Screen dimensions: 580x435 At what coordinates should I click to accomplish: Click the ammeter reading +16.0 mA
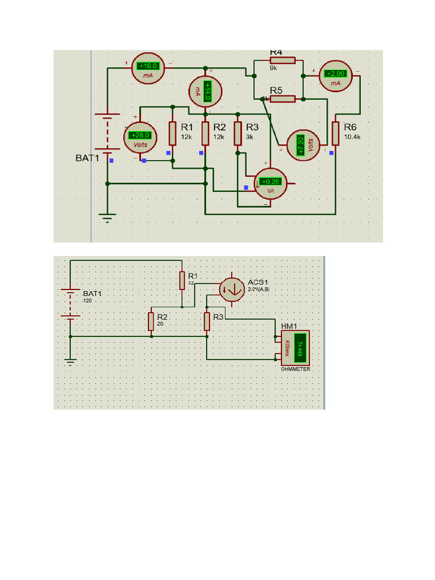tap(148, 69)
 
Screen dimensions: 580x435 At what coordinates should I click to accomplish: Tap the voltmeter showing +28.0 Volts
tap(140, 138)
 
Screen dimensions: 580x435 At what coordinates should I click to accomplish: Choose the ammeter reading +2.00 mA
tap(335, 76)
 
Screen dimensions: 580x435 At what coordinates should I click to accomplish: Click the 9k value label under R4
tap(274, 68)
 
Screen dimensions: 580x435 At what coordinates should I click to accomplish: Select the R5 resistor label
tap(276, 90)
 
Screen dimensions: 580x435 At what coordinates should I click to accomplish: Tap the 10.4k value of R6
tap(352, 137)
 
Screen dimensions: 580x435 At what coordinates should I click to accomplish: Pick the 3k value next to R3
tap(249, 137)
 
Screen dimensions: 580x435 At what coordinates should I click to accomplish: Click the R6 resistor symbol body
tap(335, 134)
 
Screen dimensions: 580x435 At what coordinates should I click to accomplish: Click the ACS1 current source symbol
tap(231, 289)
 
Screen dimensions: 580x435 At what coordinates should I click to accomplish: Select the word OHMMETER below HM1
tap(296, 369)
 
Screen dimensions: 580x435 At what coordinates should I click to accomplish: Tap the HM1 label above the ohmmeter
tap(289, 326)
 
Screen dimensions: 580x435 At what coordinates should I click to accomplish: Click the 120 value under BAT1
tap(87, 301)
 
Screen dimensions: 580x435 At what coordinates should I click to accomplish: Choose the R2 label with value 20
tap(161, 317)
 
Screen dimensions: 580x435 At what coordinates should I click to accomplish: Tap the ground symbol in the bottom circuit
tap(70, 361)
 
